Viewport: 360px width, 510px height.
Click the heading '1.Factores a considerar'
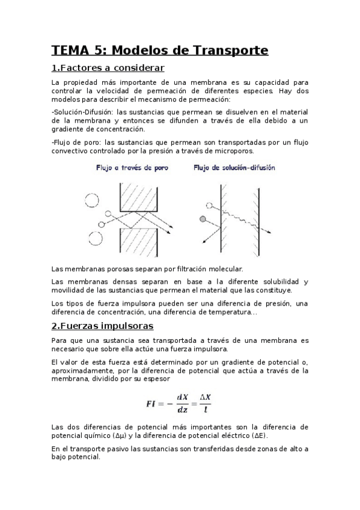point(108,68)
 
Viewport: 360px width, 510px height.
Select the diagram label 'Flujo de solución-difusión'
point(234,168)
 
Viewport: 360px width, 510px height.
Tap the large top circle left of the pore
point(93,199)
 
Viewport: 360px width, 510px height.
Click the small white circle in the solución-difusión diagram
point(210,205)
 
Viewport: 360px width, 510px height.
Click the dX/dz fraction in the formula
point(182,404)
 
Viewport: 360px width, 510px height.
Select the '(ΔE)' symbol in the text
point(259,435)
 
